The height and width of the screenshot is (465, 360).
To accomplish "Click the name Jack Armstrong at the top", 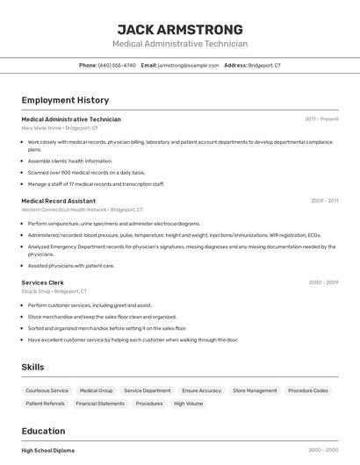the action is tap(180, 29).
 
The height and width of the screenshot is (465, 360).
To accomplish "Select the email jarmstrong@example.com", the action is tap(188, 66).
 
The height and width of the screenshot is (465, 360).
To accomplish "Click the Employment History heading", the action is tap(65, 100).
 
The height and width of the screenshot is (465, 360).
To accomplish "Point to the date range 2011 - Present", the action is tap(321, 119).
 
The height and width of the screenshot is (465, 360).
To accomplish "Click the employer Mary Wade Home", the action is tap(41, 128).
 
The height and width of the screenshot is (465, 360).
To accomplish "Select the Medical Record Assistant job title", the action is tap(58, 201).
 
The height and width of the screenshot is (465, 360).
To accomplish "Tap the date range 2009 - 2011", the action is tap(324, 201).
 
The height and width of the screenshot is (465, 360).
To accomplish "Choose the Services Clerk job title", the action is tap(42, 283).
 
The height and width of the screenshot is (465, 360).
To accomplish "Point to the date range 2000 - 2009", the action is tap(323, 283).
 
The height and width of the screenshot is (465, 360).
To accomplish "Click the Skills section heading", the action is tap(32, 367).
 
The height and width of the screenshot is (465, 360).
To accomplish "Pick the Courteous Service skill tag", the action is tap(47, 390).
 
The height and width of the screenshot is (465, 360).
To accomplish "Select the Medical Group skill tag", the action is tap(96, 390).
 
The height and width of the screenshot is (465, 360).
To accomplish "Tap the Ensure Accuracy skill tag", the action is tap(201, 390).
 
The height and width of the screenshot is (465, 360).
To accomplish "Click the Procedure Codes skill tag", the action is tap(308, 390).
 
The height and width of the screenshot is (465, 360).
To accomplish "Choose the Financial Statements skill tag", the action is tap(100, 404).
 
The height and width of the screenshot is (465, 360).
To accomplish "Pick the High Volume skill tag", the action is tap(188, 404).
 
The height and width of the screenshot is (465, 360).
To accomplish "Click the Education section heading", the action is tap(43, 431).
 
